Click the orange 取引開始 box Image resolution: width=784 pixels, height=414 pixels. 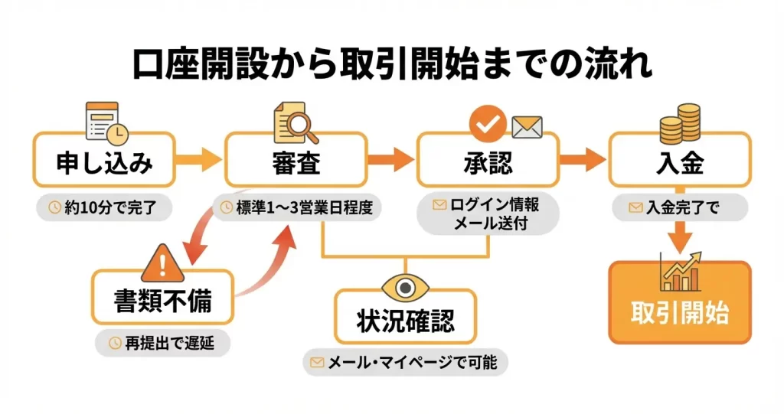pos(680,312)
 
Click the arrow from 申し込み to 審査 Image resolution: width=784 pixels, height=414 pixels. pos(199,161)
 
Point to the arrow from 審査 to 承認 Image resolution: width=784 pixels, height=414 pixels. pos(391,161)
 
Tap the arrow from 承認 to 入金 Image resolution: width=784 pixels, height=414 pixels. pos(583,161)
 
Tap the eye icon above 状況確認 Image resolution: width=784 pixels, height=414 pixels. pos(406,285)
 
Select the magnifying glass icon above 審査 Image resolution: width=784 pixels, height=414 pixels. pos(296,122)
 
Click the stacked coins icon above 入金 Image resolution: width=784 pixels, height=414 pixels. pos(680,122)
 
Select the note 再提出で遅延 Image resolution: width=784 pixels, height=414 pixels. pos(163,344)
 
